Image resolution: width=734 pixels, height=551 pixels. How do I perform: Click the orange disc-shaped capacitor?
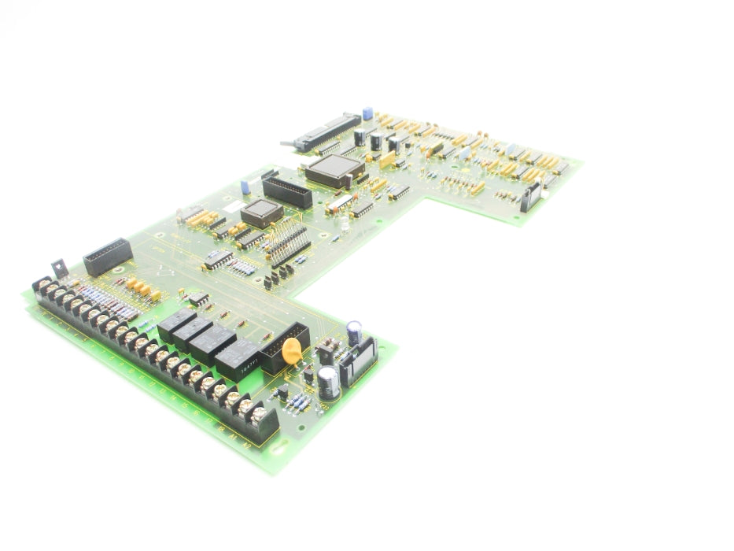[292, 351]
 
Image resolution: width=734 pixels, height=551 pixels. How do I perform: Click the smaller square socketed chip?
[261, 213]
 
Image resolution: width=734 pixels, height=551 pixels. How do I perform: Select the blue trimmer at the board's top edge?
[367, 113]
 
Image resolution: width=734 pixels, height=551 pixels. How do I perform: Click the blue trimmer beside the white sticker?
[245, 187]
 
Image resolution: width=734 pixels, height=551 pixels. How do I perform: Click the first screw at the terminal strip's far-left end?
[42, 285]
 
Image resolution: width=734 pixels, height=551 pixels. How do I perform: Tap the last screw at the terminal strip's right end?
[256, 412]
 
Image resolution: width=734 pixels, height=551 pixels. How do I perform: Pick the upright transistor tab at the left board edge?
[59, 268]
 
